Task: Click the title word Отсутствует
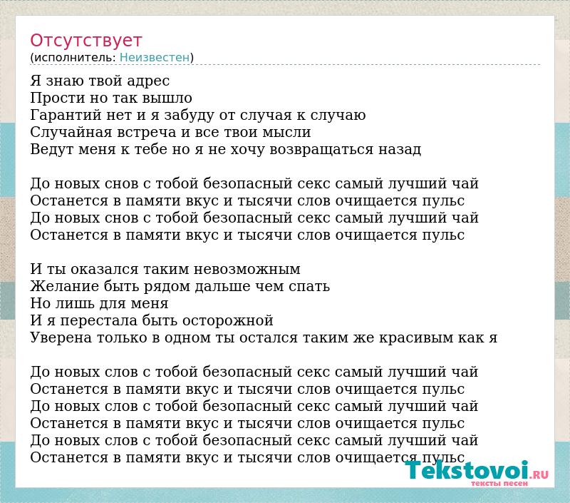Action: [x=85, y=41]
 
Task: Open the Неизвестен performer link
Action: [x=155, y=57]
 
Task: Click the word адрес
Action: [x=148, y=81]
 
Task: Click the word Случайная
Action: [x=71, y=132]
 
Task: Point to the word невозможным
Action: [x=247, y=269]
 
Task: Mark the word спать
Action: [x=309, y=287]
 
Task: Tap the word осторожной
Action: [x=227, y=320]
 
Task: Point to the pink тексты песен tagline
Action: [x=499, y=483]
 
